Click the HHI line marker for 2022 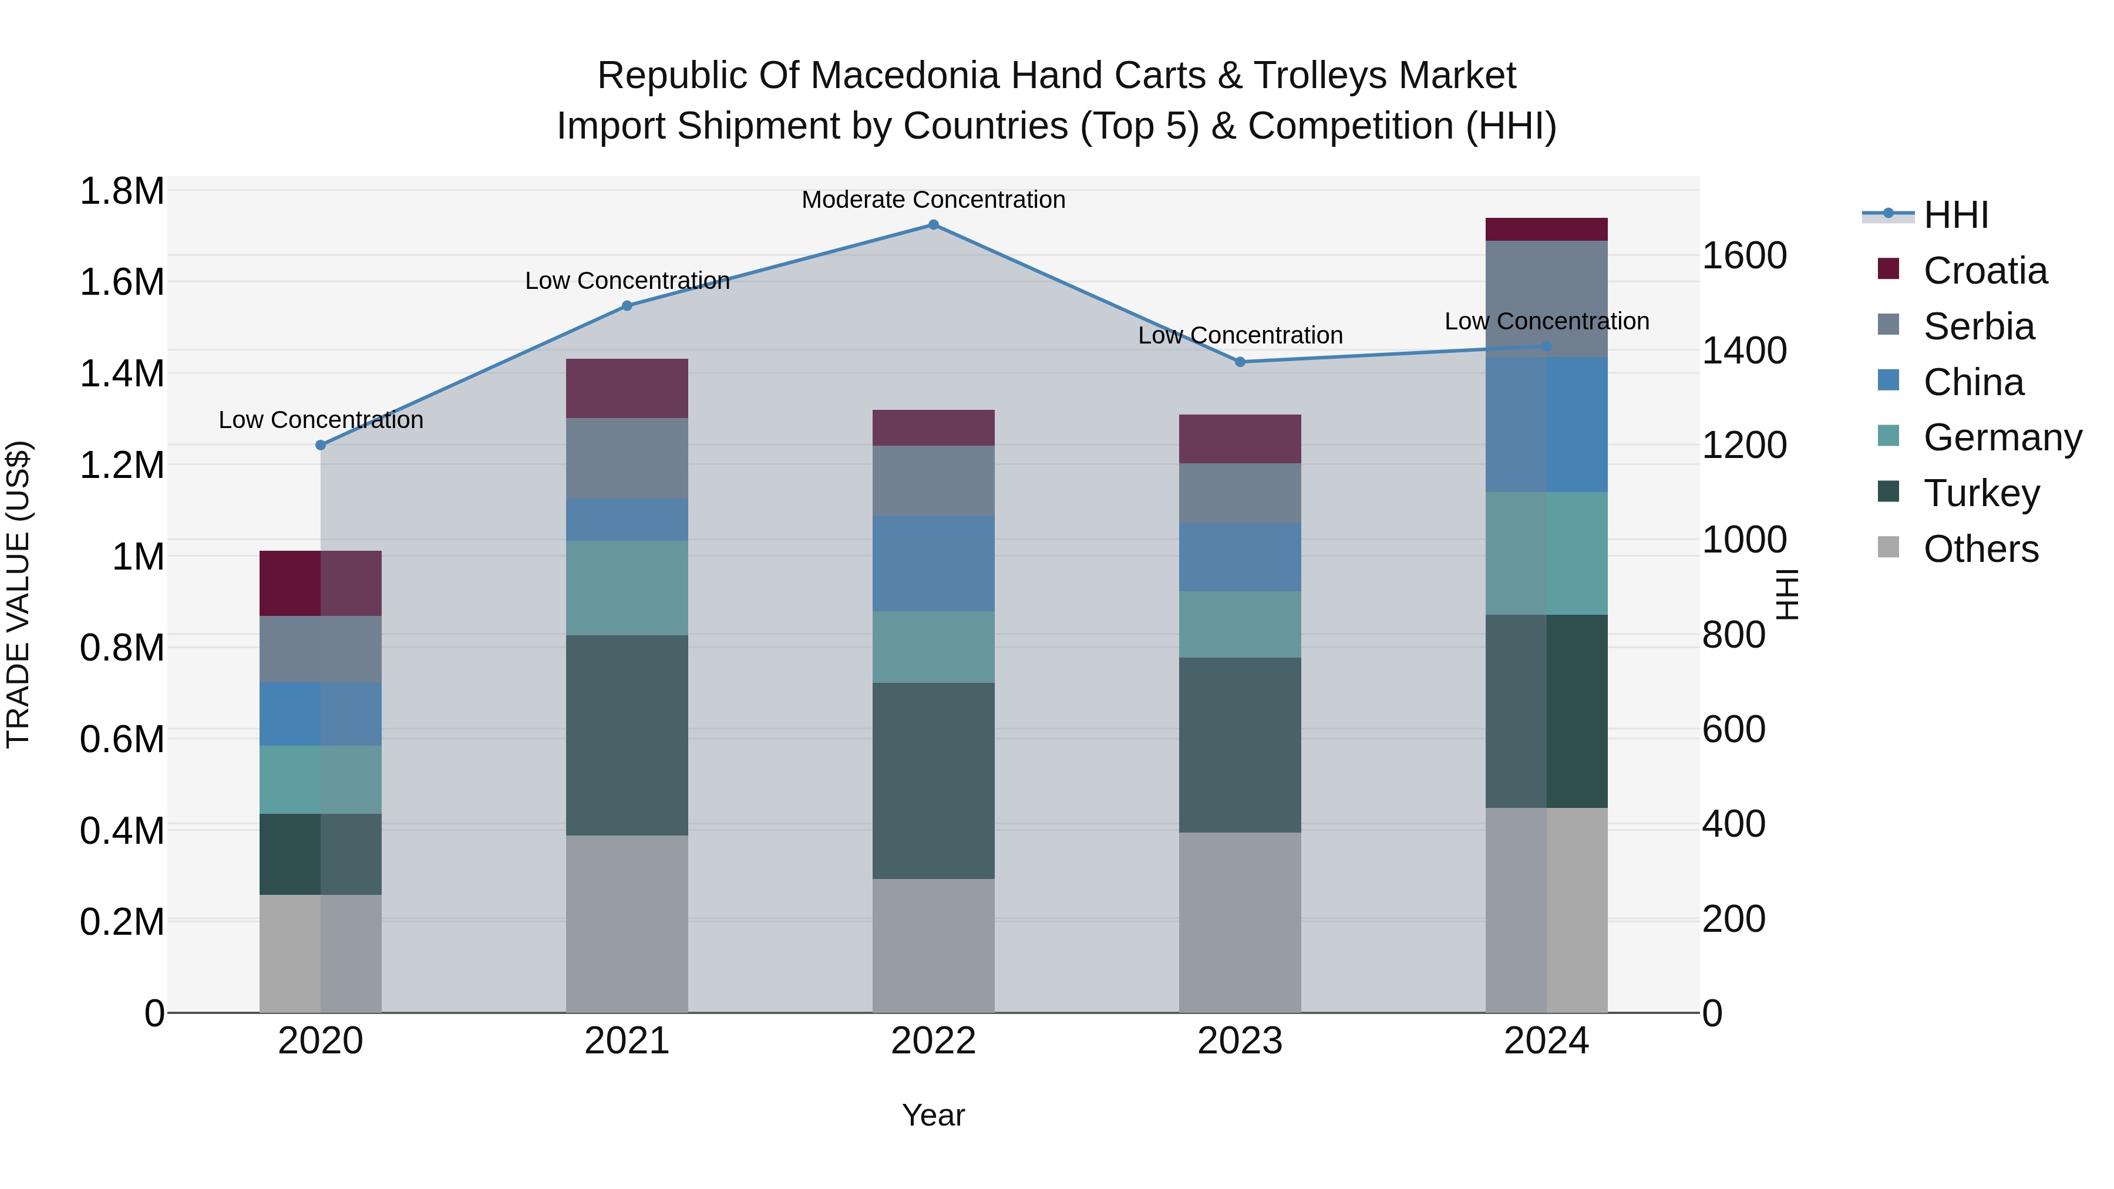coord(933,224)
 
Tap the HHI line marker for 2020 coord(321,444)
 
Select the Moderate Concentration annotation coord(933,200)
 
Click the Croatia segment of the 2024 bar coord(1546,229)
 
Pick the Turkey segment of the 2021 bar coord(627,735)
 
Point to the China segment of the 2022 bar coord(933,563)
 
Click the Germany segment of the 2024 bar coord(1546,553)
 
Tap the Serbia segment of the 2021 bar coord(627,458)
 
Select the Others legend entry coord(1980,548)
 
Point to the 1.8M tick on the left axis coord(122,191)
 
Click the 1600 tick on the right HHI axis coord(1744,255)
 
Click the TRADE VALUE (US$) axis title coord(18,594)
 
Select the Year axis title coord(933,1115)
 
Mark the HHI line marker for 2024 coord(1546,346)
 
